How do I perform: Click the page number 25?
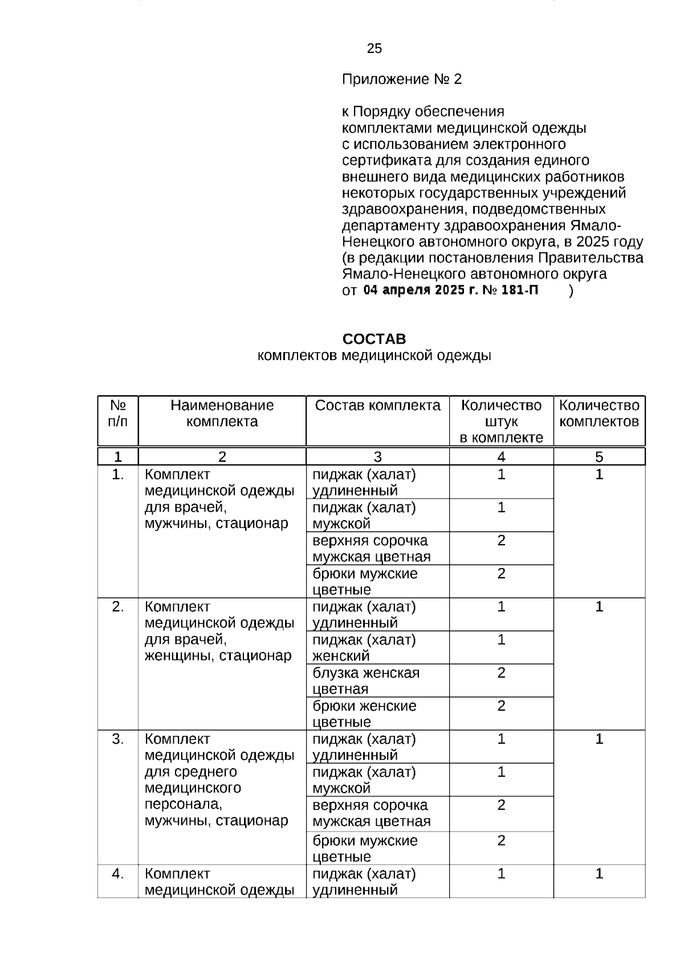[x=374, y=49]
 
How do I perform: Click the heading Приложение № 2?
[x=401, y=79]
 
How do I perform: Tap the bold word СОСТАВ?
[x=374, y=339]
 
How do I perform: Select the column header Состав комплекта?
[x=377, y=406]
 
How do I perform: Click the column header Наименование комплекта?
[x=222, y=414]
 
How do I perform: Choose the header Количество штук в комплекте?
[x=501, y=422]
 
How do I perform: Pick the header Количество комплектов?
[x=599, y=414]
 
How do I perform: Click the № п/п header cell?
[x=117, y=414]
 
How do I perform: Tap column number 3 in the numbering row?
[x=377, y=457]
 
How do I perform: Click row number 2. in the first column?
[x=117, y=607]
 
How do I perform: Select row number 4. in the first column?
[x=117, y=874]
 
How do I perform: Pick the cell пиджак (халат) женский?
[x=364, y=648]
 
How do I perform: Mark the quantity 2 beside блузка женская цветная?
[x=501, y=673]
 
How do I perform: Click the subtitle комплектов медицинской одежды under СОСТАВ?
[x=374, y=356]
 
